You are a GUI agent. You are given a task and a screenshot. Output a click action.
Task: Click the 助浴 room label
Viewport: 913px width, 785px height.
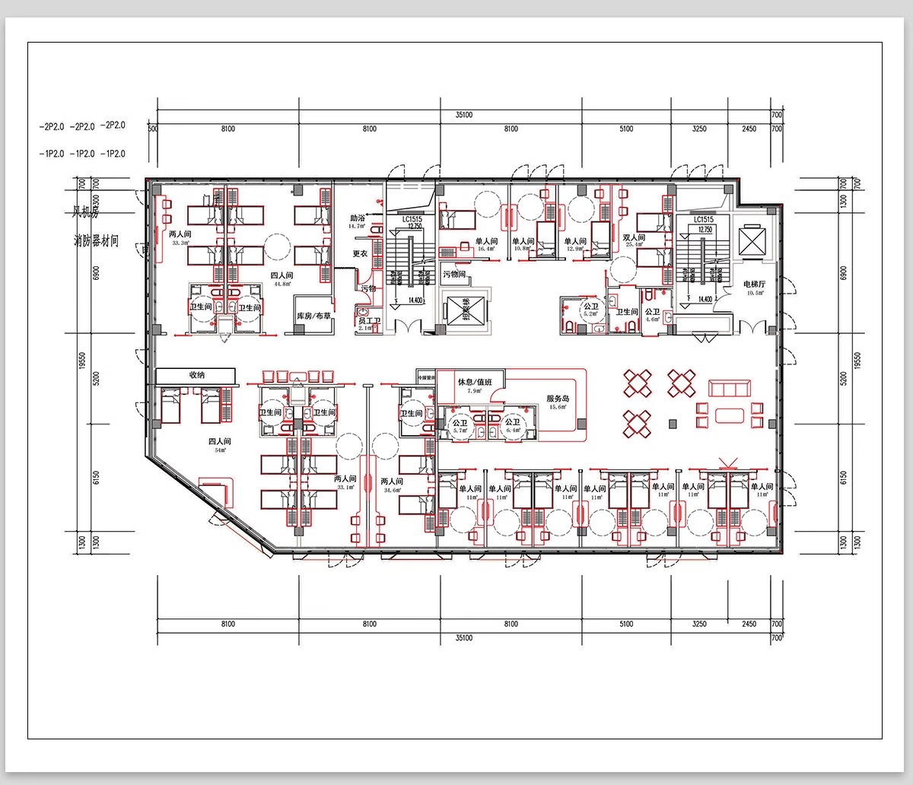[358, 218]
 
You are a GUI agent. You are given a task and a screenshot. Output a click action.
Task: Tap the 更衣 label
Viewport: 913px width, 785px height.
[359, 253]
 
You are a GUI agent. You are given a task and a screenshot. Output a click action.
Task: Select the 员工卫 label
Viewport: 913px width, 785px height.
[369, 321]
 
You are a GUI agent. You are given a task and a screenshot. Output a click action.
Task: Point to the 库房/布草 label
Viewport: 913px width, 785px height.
[313, 316]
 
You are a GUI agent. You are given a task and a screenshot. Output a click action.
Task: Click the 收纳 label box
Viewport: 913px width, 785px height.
[197, 375]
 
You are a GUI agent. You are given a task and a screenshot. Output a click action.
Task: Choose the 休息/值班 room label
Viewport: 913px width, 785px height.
[476, 382]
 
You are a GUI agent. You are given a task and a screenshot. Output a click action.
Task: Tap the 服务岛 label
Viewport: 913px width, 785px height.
[558, 399]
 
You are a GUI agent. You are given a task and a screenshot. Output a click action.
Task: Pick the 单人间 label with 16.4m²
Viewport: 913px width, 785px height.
[486, 242]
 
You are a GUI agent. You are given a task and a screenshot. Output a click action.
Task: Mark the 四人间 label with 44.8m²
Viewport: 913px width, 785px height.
[282, 276]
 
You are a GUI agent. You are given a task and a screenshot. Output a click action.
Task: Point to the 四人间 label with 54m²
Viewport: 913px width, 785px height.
[220, 441]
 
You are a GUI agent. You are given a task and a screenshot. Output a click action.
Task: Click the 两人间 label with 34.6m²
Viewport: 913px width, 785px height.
[392, 481]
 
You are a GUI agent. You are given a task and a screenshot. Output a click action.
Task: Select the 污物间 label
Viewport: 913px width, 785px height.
[454, 275]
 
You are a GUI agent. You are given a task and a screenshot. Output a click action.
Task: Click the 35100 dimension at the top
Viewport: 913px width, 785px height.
[464, 115]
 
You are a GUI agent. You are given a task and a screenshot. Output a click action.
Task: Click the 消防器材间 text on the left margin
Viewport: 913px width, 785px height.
[96, 241]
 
